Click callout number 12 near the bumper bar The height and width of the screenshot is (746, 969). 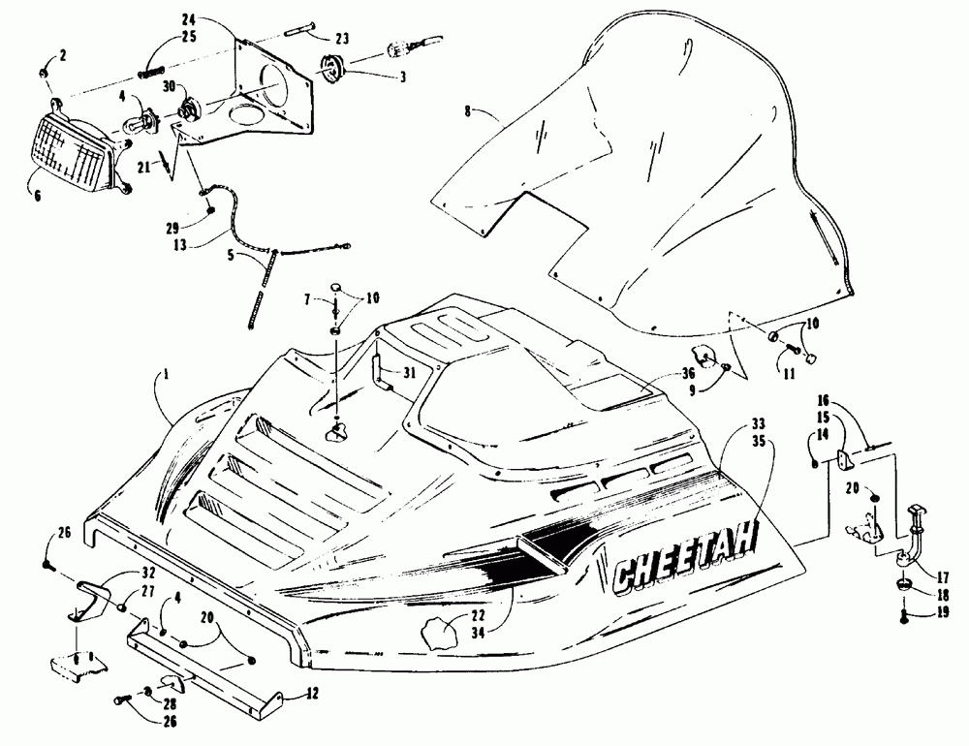pos(311,693)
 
